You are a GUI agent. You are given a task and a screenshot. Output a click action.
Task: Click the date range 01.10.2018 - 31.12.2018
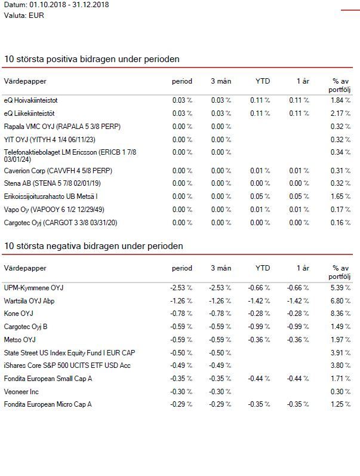[x=69, y=5]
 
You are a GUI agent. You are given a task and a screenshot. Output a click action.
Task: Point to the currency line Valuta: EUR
[x=24, y=16]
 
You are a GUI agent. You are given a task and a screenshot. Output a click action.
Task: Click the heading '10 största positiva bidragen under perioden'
[x=92, y=59]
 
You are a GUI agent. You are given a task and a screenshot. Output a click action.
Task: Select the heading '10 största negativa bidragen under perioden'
[x=94, y=246]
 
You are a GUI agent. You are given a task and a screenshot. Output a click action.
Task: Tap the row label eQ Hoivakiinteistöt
[x=30, y=100]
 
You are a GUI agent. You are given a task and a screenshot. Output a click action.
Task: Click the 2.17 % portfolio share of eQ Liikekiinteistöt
[x=340, y=113]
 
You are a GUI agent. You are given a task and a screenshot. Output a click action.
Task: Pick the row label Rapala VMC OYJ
[x=62, y=126]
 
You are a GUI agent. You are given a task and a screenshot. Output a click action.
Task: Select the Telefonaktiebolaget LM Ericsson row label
[x=70, y=155]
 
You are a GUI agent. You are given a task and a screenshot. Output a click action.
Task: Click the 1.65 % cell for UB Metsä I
[x=340, y=196]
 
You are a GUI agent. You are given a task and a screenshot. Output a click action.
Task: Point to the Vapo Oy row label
[x=54, y=210]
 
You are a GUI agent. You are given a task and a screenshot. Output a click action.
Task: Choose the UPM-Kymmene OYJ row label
[x=33, y=288]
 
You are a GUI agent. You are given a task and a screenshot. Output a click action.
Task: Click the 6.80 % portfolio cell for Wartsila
[x=340, y=301]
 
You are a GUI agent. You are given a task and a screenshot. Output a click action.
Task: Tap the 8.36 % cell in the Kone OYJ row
[x=340, y=314]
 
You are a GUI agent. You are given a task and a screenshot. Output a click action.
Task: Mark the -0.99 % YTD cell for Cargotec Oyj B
[x=259, y=327]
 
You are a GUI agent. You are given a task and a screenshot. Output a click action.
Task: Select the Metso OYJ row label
[x=20, y=340]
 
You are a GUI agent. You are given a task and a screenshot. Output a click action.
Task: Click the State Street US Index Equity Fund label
[x=69, y=353]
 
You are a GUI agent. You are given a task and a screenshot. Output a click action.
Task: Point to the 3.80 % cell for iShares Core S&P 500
[x=340, y=366]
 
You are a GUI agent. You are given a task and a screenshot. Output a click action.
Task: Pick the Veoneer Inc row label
[x=21, y=392]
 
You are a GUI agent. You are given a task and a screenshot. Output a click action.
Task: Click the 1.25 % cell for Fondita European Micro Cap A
[x=340, y=404]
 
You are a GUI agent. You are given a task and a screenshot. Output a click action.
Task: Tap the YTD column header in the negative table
[x=263, y=268]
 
